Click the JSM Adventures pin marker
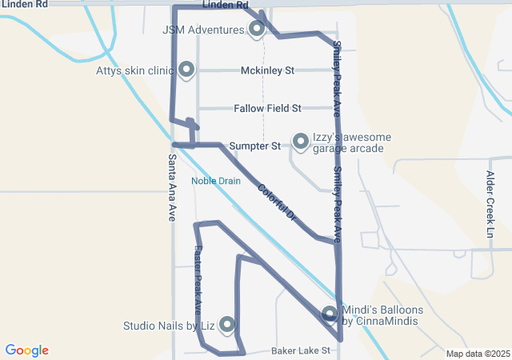coord(257,30)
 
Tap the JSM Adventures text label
coord(203,30)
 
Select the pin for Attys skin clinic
coord(186,70)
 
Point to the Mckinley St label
coord(267,70)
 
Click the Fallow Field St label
coord(267,108)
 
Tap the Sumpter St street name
coord(254,146)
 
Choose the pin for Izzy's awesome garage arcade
coord(301,142)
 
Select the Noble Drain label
coord(216,181)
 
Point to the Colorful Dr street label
coord(278,203)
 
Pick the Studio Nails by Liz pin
coord(227,324)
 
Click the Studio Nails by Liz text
coord(169,326)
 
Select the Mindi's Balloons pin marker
coord(330,314)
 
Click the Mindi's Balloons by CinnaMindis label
coord(380,315)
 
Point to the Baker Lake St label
coord(301,350)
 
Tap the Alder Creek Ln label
coord(490,204)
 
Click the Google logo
coord(26,350)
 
